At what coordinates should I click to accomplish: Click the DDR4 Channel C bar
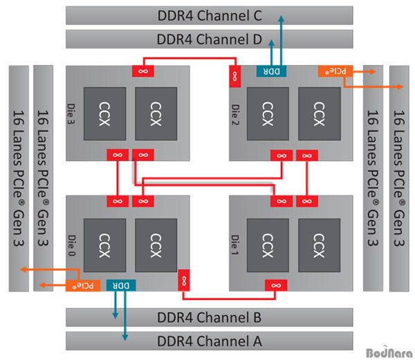point(207,15)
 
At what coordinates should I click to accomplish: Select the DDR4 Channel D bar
point(207,39)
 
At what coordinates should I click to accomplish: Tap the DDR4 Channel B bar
point(207,318)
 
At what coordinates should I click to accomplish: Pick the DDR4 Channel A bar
point(207,341)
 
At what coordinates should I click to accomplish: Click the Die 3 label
point(71,111)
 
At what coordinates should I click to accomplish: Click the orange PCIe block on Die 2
point(332,70)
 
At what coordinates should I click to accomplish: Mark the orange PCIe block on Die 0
point(82,284)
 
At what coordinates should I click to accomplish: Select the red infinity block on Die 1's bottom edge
point(277,285)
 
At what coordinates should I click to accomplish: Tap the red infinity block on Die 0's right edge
point(184,278)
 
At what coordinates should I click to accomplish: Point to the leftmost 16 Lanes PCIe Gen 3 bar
point(19,178)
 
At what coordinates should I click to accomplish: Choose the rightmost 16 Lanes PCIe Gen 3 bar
point(400,178)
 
